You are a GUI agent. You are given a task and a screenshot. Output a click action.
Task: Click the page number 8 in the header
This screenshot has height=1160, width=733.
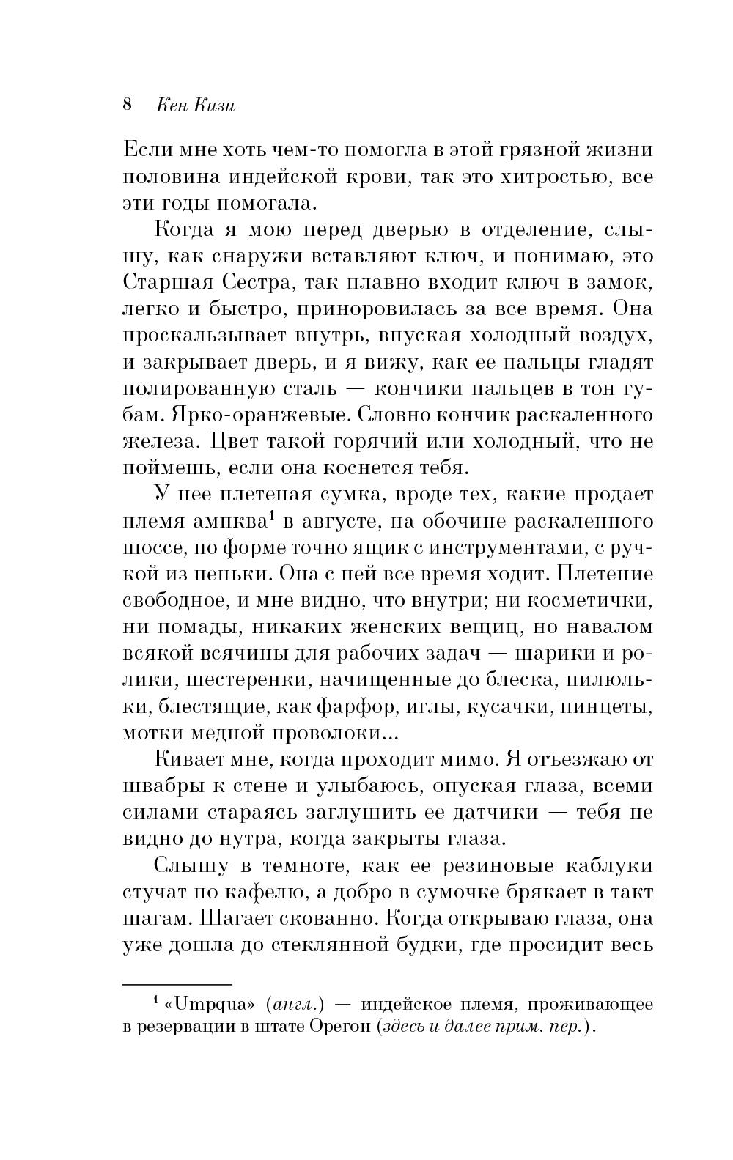127,105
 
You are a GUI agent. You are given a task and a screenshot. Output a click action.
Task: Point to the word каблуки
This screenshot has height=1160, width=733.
605,865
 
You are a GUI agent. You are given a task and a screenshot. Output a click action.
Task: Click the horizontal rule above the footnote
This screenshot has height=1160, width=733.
176,983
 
